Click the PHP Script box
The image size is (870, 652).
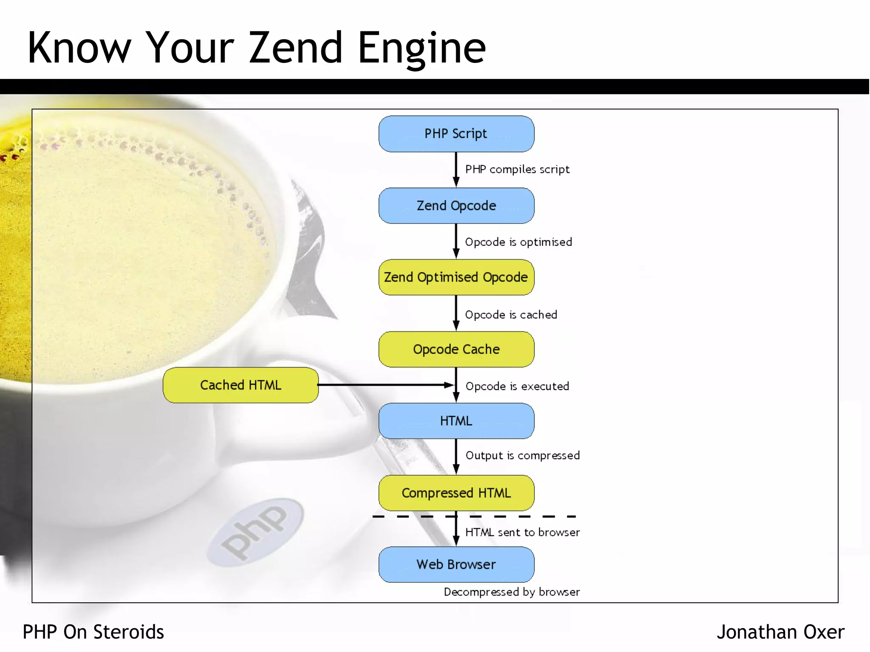click(x=456, y=134)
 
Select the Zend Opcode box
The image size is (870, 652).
click(x=456, y=206)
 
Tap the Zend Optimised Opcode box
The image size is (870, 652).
click(x=456, y=277)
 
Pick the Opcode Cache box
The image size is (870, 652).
click(x=456, y=349)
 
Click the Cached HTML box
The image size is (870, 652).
click(x=240, y=385)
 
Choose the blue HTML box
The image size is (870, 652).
click(x=456, y=421)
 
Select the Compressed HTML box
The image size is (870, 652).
click(x=456, y=493)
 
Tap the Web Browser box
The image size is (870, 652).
click(x=456, y=565)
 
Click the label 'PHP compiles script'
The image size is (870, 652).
click(x=517, y=169)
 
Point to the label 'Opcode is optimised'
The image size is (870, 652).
click(x=518, y=242)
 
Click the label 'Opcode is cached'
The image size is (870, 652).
click(x=511, y=315)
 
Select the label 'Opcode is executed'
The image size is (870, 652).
click(x=517, y=386)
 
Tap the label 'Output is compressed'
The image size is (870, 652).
click(x=523, y=455)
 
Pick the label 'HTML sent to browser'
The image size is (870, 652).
click(x=522, y=532)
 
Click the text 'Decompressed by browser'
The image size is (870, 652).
click(x=511, y=592)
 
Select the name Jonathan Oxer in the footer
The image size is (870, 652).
click(x=780, y=632)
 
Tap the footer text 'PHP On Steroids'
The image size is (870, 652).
click(x=93, y=632)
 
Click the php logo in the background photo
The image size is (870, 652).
click(x=255, y=532)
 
